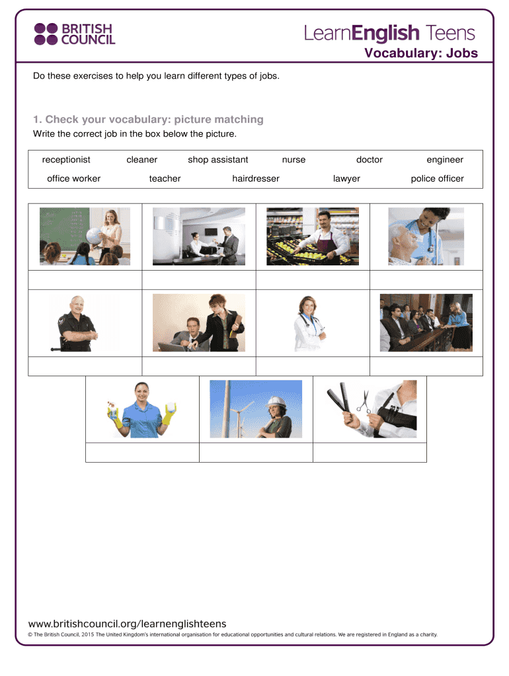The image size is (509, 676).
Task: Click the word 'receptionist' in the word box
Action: [66, 160]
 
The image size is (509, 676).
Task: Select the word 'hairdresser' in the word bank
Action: [256, 178]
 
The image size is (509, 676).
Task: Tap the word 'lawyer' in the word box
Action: [346, 179]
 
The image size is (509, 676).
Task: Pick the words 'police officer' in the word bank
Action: [437, 179]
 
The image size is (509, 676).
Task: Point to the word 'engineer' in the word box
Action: [445, 160]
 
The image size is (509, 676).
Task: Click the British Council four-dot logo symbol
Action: [46, 34]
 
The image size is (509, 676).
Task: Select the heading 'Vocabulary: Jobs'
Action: [421, 53]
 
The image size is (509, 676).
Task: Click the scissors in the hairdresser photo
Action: [363, 402]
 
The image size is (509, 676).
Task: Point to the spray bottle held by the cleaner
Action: [112, 411]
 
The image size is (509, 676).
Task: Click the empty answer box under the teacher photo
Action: [85, 280]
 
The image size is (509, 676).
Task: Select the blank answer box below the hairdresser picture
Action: [370, 453]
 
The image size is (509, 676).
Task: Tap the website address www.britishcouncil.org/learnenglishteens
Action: [128, 624]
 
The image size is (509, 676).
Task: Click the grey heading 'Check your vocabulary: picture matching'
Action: [154, 119]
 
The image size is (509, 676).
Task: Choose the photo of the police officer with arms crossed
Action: [78, 323]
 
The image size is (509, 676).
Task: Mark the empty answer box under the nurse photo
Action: [426, 280]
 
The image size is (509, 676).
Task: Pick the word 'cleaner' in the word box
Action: [141, 160]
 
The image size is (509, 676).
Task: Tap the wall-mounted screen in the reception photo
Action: [211, 232]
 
